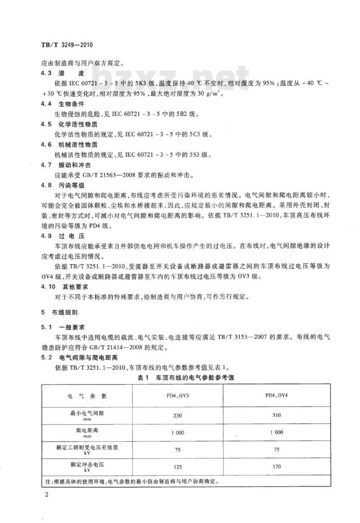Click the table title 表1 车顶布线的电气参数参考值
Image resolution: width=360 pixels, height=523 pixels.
point(186,378)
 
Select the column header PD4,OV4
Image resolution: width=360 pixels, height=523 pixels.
point(277,396)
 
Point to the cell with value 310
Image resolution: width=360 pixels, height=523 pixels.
point(277,415)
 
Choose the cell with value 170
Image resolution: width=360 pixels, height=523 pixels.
point(277,466)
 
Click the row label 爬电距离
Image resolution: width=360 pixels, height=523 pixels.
point(87,430)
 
